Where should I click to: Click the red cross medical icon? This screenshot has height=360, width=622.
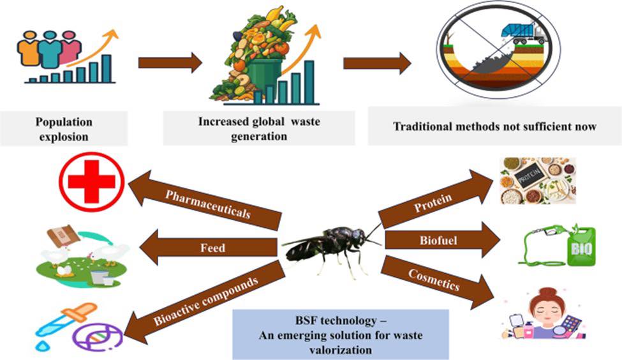(91, 181)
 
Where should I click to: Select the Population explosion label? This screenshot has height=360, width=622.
(64, 127)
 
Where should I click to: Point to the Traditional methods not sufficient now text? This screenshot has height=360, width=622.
(494, 126)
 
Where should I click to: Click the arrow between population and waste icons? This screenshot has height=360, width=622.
(170, 63)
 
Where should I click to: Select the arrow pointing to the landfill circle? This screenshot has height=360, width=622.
(377, 63)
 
